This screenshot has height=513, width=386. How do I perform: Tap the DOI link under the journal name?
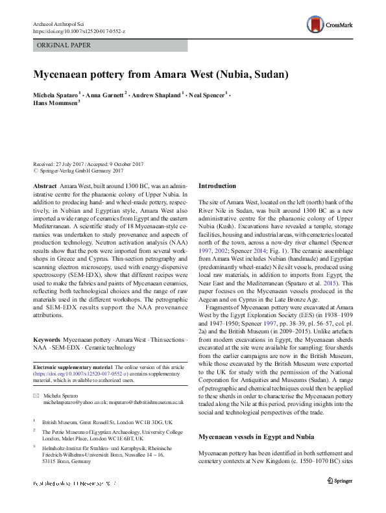coord(71,30)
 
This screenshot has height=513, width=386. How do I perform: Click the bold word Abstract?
coord(44,185)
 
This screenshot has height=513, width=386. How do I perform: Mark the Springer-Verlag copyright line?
coord(75,173)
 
